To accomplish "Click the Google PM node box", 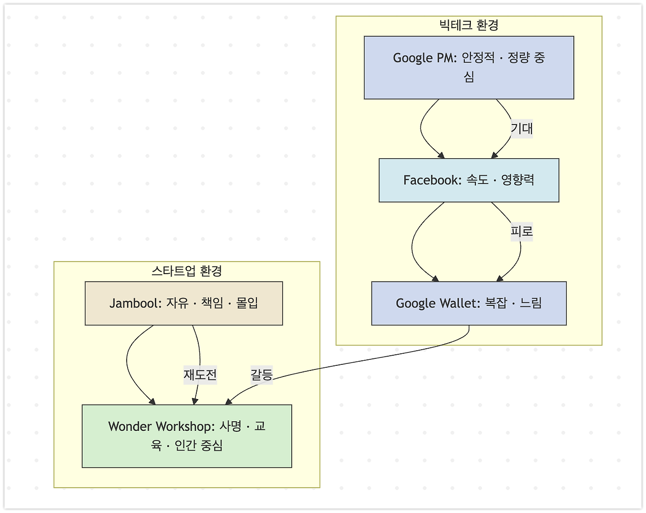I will (x=469, y=68).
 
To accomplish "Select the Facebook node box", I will (x=469, y=180).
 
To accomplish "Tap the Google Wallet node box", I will (x=469, y=303).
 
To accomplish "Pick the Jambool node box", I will (x=184, y=303).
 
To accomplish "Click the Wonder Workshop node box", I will (x=187, y=436).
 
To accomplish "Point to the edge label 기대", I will (x=521, y=129).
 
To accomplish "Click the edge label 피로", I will (x=521, y=231).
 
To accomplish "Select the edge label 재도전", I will (x=200, y=375).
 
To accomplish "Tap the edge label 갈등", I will (x=261, y=375).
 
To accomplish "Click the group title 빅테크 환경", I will (x=469, y=25).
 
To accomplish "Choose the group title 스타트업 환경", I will (x=187, y=271).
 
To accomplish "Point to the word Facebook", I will (x=432, y=180).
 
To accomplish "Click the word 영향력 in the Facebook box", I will (x=517, y=180).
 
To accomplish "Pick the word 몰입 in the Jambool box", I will (x=247, y=303).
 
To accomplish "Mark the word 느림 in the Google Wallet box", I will (x=531, y=303).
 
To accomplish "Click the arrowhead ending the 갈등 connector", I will (x=228, y=402).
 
